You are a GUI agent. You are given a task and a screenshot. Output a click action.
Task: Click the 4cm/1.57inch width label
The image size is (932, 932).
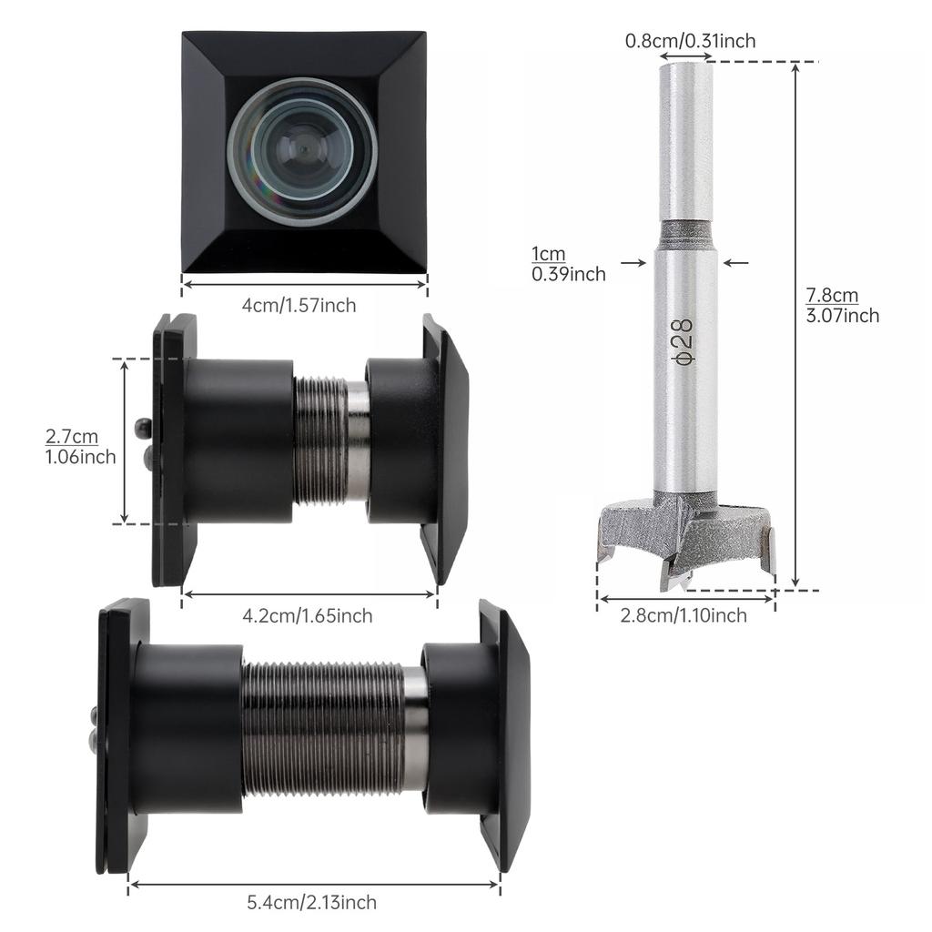[x=299, y=306]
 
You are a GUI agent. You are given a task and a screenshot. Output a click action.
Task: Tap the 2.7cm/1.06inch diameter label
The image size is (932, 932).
[x=81, y=446]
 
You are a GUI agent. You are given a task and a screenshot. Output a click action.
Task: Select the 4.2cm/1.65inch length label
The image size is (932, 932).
[x=307, y=616]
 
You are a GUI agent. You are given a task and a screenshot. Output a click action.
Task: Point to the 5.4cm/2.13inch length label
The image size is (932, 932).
[x=311, y=903]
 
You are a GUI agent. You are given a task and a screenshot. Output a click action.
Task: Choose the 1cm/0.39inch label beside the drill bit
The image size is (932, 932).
[x=569, y=263]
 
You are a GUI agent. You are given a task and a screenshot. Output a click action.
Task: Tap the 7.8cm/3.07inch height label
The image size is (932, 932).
[x=843, y=305]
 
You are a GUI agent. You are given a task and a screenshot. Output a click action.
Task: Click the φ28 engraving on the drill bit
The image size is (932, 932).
[x=684, y=342]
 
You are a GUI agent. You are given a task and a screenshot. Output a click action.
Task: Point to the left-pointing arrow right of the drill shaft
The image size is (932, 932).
[x=735, y=263]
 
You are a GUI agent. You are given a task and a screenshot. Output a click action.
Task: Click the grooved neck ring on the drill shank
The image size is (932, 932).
[x=685, y=234]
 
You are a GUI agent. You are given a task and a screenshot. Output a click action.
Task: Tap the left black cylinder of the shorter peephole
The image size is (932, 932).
[x=238, y=441]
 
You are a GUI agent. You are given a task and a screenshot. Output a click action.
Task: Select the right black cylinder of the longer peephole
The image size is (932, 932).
[x=461, y=728]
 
